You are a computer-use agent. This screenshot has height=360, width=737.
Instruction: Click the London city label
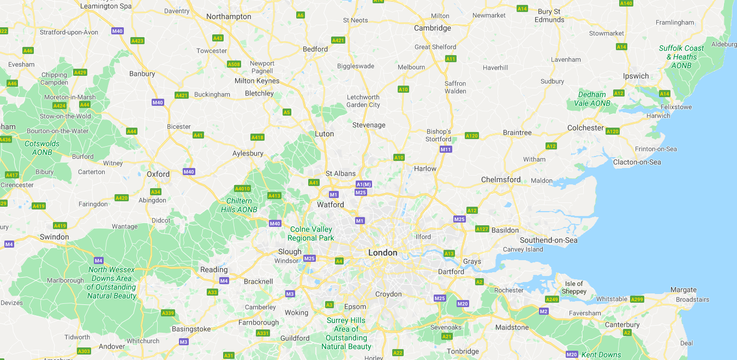pyautogui.click(x=382, y=253)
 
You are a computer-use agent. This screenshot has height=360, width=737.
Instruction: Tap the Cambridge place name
pyautogui.click(x=432, y=28)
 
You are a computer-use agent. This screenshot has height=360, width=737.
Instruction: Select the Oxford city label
pyautogui.click(x=158, y=175)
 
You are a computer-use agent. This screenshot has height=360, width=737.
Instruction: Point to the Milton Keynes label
pyautogui.click(x=256, y=81)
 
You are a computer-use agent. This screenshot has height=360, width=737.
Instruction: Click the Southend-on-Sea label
pyautogui.click(x=548, y=240)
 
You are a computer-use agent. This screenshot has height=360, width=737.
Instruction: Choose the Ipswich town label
pyautogui.click(x=636, y=76)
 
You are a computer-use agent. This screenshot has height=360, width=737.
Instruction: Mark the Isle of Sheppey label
pyautogui.click(x=574, y=287)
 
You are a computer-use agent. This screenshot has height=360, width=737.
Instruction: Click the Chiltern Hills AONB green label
pyautogui.click(x=238, y=205)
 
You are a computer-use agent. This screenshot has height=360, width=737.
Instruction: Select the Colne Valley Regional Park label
pyautogui.click(x=310, y=233)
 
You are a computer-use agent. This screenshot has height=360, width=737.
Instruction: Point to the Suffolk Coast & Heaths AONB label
pyautogui.click(x=681, y=57)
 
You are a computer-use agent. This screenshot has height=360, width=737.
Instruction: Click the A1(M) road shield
pyautogui.click(x=363, y=184)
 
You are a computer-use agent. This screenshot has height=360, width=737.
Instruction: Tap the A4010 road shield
pyautogui.click(x=242, y=189)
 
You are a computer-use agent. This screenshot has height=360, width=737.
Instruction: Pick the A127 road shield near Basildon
pyautogui.click(x=482, y=229)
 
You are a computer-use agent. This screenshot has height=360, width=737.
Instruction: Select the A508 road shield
pyautogui.click(x=233, y=64)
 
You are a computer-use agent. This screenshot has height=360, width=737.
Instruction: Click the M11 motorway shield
pyautogui.click(x=446, y=149)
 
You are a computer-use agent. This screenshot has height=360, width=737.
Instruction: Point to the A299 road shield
pyautogui.click(x=637, y=299)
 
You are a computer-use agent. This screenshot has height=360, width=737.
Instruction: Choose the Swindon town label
pyautogui.click(x=54, y=237)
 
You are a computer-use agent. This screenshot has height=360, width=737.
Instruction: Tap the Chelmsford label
pyautogui.click(x=500, y=179)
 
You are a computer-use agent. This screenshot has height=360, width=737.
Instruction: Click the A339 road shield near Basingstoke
pyautogui.click(x=167, y=313)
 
